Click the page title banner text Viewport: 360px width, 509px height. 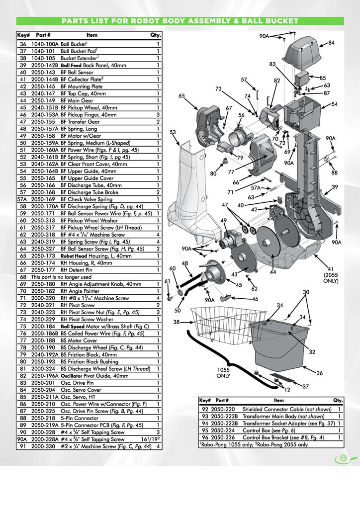[x=180, y=21]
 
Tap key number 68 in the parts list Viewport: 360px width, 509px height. [x=23, y=277]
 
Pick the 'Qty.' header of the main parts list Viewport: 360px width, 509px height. [x=156, y=35]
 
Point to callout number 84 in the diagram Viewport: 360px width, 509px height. [x=332, y=43]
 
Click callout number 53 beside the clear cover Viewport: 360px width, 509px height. [x=173, y=132]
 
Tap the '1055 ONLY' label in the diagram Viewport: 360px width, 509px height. [x=224, y=373]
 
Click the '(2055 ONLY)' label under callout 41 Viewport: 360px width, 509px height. [x=331, y=277]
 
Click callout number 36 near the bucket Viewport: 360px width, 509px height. [x=320, y=373]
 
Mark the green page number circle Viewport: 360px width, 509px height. [x=343, y=458]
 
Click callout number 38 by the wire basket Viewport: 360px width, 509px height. [x=176, y=322]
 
